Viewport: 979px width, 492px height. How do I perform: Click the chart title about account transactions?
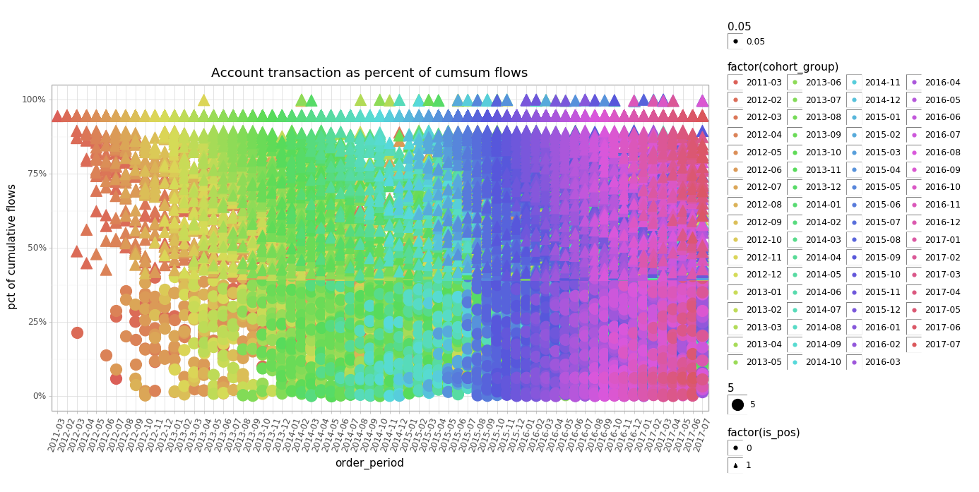[x=369, y=73]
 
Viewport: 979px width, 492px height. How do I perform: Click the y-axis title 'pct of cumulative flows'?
[x=12, y=246]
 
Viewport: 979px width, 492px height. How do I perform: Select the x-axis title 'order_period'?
[x=369, y=463]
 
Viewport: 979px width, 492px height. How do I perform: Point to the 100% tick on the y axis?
[x=33, y=100]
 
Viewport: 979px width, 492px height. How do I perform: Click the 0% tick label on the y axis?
[x=38, y=396]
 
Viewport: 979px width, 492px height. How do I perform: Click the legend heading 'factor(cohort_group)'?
[x=783, y=67]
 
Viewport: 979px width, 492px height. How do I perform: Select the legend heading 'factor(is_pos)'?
[x=764, y=433]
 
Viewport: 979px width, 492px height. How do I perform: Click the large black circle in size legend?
[x=737, y=404]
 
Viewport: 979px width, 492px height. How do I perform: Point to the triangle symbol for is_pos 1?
[x=735, y=465]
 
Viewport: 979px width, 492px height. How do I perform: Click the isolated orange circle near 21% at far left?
[x=77, y=332]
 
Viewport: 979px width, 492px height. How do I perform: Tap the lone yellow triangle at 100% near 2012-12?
[x=203, y=100]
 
